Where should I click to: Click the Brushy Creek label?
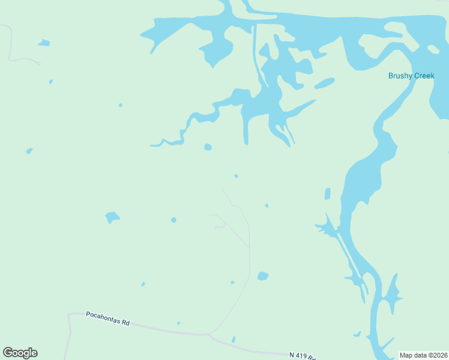[x=411, y=76]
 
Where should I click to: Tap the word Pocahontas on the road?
[x=103, y=314]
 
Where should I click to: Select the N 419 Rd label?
[x=302, y=356]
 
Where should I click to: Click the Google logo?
[x=20, y=353]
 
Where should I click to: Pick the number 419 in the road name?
[x=301, y=356]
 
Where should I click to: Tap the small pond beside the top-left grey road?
[x=44, y=43]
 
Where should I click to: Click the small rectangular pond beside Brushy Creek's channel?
[x=327, y=194]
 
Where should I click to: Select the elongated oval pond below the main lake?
[x=324, y=83]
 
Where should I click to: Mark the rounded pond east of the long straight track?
[x=262, y=276]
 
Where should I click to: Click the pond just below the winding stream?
[x=208, y=147]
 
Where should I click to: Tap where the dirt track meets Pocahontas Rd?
[x=208, y=334]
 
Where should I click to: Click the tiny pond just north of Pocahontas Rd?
[x=178, y=323]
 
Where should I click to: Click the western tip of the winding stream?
[x=151, y=145]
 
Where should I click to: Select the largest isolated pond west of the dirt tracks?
[x=112, y=217]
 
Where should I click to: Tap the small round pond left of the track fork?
[x=173, y=220]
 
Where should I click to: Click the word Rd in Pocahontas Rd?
[x=125, y=322]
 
